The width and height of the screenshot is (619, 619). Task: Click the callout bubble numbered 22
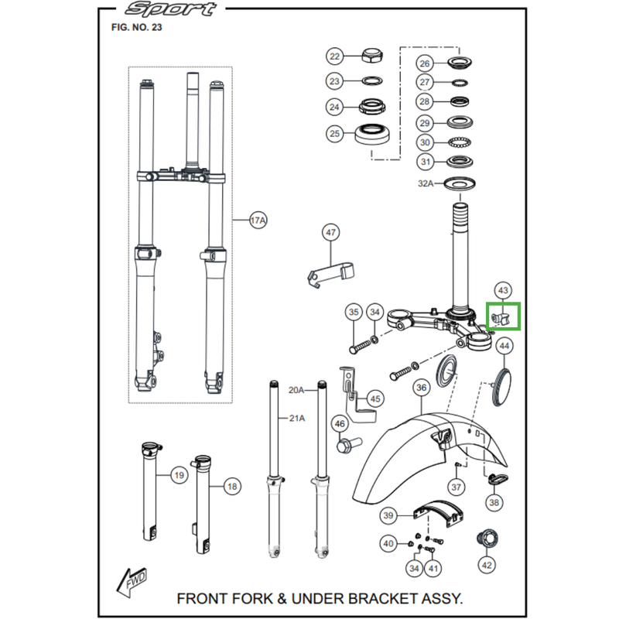(334, 56)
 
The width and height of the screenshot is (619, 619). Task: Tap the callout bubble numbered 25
(334, 134)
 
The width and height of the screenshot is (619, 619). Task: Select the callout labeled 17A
(258, 221)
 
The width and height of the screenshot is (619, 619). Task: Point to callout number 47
(331, 232)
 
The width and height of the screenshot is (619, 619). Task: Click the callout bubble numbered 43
(502, 290)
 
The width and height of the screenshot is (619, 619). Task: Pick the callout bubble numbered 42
(486, 566)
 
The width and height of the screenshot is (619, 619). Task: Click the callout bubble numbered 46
(339, 423)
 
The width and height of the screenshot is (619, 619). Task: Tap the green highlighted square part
(504, 317)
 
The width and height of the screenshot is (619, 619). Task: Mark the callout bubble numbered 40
(388, 544)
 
